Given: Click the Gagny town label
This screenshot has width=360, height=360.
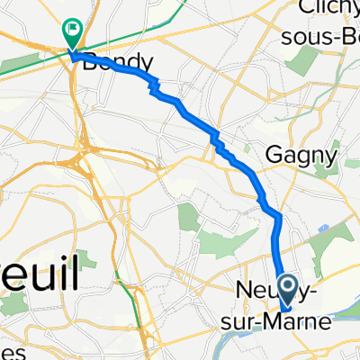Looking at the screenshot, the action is click(x=301, y=155).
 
